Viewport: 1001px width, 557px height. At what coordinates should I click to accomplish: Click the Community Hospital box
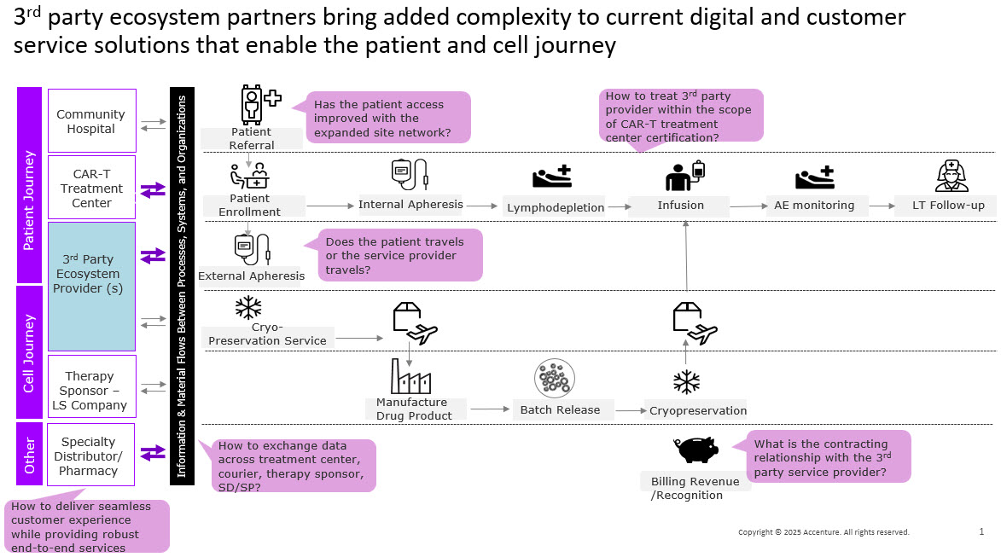click(91, 120)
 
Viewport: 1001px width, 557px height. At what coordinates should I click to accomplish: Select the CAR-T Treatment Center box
click(91, 188)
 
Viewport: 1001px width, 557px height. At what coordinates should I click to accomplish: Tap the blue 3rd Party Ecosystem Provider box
click(91, 286)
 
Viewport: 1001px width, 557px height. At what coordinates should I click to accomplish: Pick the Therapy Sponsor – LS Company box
click(91, 390)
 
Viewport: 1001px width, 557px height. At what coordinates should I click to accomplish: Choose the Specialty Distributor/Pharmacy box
click(91, 455)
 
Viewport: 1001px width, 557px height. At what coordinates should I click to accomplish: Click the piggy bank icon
click(695, 448)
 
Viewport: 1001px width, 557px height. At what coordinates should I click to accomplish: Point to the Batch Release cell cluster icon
click(554, 378)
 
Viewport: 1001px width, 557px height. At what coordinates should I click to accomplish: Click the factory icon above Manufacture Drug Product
click(410, 376)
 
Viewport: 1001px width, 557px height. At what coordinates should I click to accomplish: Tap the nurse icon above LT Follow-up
click(952, 176)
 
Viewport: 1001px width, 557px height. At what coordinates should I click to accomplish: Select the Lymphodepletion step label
click(556, 207)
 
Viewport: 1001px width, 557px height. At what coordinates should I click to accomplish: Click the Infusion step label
click(680, 205)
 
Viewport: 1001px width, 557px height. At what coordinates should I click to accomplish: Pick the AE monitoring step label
click(813, 205)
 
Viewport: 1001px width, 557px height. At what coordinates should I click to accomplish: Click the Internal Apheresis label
click(410, 204)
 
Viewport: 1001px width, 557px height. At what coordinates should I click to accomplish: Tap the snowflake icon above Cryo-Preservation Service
click(248, 307)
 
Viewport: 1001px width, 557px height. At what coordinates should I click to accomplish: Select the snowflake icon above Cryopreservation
click(686, 381)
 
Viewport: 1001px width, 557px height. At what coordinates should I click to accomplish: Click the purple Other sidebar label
click(30, 455)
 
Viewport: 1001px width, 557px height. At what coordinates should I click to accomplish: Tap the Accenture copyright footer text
click(823, 532)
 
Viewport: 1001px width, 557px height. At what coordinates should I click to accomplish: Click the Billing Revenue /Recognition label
click(695, 488)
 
